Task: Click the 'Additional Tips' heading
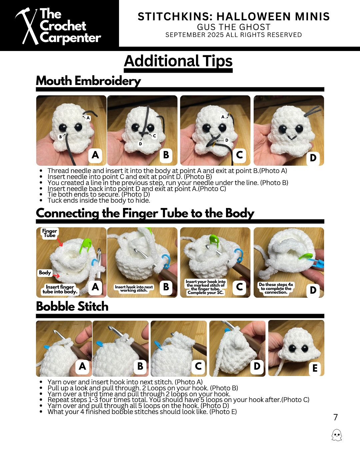pyautogui.click(x=178, y=61)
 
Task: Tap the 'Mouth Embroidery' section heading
pyautogui.click(x=88, y=81)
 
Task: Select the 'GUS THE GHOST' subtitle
pyautogui.click(x=233, y=27)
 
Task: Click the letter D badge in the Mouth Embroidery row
pyautogui.click(x=313, y=158)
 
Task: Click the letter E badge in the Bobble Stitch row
pyautogui.click(x=314, y=368)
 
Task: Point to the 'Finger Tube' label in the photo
pyautogui.click(x=49, y=233)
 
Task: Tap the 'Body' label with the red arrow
pyautogui.click(x=45, y=273)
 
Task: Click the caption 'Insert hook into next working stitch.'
pyautogui.click(x=134, y=289)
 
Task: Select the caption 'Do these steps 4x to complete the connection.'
pyautogui.click(x=276, y=288)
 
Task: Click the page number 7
pyautogui.click(x=335, y=417)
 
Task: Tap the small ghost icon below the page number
pyautogui.click(x=337, y=435)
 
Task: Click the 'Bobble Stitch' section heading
pyautogui.click(x=72, y=306)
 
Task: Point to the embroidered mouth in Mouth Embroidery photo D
pyautogui.click(x=292, y=137)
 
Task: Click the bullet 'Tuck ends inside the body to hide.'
pyautogui.click(x=99, y=200)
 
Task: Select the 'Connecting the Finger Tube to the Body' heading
pyautogui.click(x=145, y=213)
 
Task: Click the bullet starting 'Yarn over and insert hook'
pyautogui.click(x=125, y=382)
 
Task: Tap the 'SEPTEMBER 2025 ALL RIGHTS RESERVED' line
pyautogui.click(x=233, y=35)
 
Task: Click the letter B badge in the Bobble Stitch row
pyautogui.click(x=140, y=366)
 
